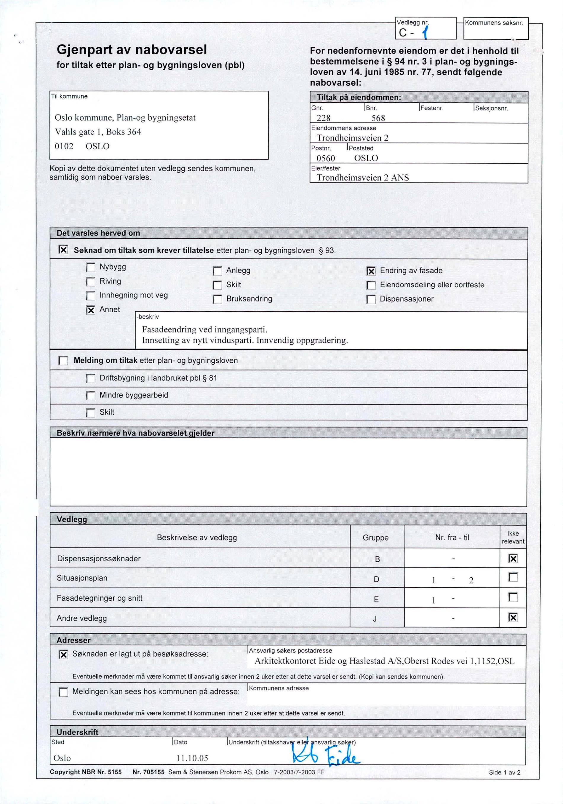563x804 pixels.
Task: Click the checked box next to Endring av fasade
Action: point(371,271)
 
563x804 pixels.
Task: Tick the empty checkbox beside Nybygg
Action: point(91,268)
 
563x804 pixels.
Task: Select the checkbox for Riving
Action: point(91,282)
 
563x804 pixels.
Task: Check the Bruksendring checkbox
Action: point(217,299)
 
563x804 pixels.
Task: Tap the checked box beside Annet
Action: point(91,310)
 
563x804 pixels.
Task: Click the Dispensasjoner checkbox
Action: point(371,299)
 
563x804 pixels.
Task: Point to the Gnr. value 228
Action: point(323,118)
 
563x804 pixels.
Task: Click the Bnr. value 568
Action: point(378,118)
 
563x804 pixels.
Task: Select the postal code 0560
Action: point(326,158)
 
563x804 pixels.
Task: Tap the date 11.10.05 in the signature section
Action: point(192,758)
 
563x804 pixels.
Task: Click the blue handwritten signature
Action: point(326,756)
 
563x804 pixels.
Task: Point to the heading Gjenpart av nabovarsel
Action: point(132,50)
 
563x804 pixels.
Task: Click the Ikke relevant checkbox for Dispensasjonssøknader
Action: point(513,559)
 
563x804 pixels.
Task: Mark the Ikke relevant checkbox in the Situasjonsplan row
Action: point(513,577)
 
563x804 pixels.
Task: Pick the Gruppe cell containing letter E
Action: point(376,599)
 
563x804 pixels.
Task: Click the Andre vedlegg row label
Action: point(81,618)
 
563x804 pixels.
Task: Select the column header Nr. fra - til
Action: point(452,538)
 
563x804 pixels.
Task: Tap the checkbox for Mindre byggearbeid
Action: point(91,396)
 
